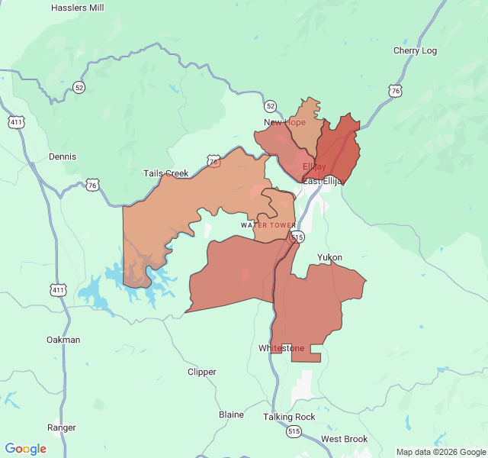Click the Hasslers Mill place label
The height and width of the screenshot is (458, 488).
tap(77, 8)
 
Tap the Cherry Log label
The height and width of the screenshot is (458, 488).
tap(415, 51)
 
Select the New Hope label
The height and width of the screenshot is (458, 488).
tap(284, 122)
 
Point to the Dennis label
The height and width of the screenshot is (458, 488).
tap(63, 156)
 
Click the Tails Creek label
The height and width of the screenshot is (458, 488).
tap(165, 173)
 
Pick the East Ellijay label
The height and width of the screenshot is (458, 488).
tap(324, 181)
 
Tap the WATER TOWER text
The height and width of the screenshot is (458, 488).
tap(268, 225)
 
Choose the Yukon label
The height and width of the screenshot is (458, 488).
tap(329, 257)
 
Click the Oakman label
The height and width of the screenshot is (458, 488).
tap(63, 340)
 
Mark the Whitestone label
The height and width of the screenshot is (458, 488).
tap(281, 348)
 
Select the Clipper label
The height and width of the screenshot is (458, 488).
tap(202, 372)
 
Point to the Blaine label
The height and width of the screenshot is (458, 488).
tap(232, 414)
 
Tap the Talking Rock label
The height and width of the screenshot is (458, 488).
tap(289, 417)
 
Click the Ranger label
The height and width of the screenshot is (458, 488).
tap(62, 427)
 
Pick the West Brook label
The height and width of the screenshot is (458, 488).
tap(344, 439)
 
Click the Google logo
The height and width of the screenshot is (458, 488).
tap(26, 449)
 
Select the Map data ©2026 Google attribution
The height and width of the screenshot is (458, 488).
tap(440, 452)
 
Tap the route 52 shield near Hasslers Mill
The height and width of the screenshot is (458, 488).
tap(79, 88)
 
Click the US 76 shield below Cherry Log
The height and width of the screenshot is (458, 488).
tap(394, 91)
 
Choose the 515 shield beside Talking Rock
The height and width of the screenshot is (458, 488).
tap(294, 431)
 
